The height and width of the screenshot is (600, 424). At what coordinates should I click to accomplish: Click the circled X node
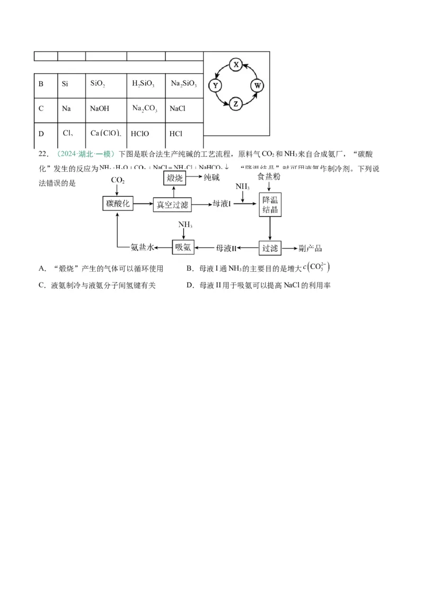[x=236, y=65]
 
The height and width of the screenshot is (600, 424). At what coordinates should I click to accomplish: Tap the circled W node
[x=258, y=85]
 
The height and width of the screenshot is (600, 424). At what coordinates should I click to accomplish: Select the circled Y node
[x=215, y=85]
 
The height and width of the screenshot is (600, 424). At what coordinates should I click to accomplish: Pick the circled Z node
[x=236, y=104]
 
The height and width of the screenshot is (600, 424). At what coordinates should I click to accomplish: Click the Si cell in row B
[x=65, y=84]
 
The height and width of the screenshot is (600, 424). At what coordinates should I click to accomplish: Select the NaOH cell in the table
[x=100, y=109]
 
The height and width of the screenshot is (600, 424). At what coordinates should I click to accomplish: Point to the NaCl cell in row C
[x=177, y=109]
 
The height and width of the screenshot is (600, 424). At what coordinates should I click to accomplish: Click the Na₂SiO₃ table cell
[x=183, y=84]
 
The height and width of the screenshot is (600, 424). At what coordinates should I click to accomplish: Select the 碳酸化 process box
[x=118, y=204]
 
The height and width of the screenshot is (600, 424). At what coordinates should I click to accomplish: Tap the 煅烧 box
[x=174, y=179]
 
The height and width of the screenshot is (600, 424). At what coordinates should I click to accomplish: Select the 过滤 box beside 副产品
[x=269, y=247]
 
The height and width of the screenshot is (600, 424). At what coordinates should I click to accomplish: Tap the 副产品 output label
[x=311, y=248]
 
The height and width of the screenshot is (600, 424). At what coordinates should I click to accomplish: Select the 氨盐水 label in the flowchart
[x=142, y=248]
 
